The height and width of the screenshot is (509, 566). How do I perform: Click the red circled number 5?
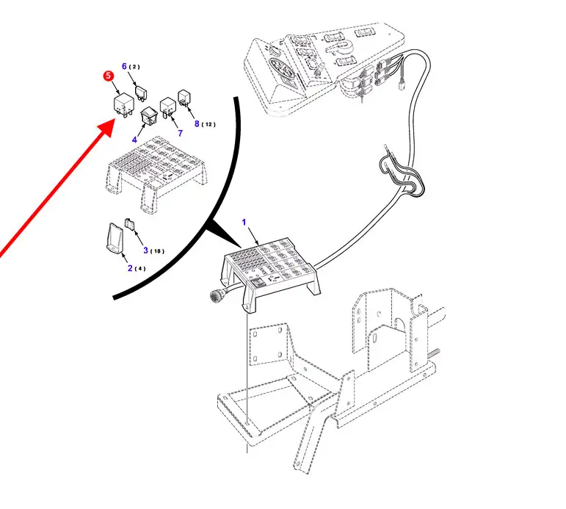point(109,76)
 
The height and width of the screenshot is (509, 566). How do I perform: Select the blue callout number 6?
point(124,66)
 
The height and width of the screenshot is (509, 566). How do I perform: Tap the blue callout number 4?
point(134,140)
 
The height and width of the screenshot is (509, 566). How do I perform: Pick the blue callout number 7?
point(180,133)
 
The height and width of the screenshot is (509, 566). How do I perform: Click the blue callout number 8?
point(197,123)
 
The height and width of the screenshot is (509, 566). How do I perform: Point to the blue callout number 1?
point(244,222)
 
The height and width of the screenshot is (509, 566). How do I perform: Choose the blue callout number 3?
point(146,250)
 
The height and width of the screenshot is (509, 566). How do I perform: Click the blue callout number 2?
point(130,268)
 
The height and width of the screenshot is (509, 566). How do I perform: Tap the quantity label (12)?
point(208,125)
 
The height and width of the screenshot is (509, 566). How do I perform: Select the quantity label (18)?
point(157,251)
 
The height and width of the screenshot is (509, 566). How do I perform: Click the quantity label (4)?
point(140,269)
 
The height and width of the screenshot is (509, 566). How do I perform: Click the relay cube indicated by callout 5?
point(123,105)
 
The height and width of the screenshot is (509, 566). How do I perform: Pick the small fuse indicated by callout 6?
point(141,93)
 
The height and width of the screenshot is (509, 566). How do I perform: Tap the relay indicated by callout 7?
point(167,107)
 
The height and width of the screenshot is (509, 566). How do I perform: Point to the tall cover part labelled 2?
point(115,237)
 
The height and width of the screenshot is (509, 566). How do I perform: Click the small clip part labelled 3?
point(130,224)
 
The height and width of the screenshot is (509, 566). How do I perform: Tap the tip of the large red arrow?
point(115,120)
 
